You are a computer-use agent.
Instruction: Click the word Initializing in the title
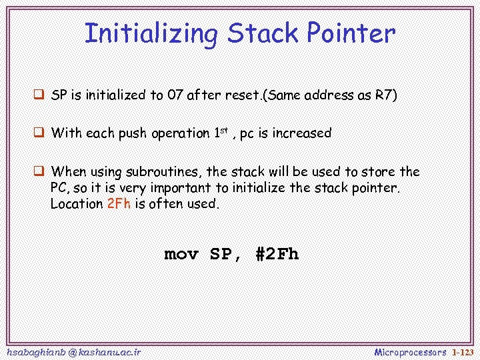(151, 33)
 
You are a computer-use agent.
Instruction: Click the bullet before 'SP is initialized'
(39, 95)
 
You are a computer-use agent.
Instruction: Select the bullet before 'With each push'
(39, 133)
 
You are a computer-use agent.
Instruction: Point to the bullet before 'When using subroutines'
(39, 171)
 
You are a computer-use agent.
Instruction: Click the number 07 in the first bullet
(176, 95)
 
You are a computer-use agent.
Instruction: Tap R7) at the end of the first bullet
(386, 95)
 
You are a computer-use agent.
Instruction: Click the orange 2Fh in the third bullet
(119, 204)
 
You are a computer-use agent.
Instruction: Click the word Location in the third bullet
(76, 204)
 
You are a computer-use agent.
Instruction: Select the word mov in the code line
(181, 254)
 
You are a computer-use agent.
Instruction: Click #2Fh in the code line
(277, 254)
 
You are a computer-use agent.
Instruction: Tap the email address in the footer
(72, 351)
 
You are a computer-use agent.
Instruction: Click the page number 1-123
(462, 351)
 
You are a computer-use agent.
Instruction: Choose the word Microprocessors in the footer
(410, 351)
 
